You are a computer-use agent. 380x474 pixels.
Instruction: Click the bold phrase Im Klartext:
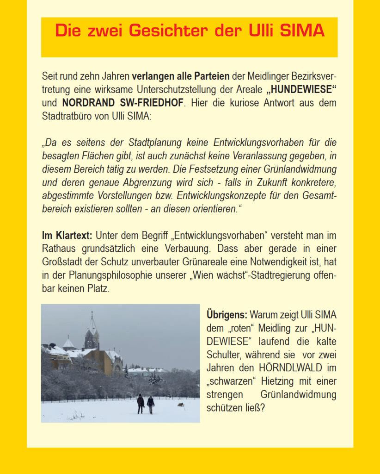pos(67,236)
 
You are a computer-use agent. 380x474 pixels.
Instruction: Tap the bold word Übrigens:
pos(227,315)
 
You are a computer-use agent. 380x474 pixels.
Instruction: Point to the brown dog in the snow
pos(181,405)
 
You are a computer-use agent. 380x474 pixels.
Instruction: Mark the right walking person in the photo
pos(150,404)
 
